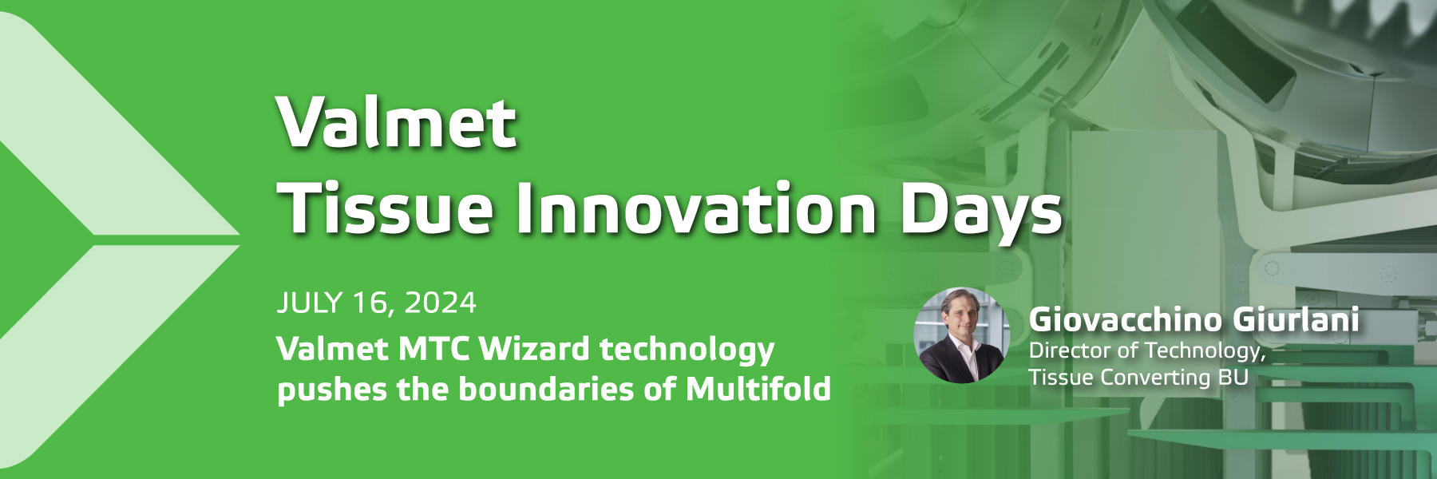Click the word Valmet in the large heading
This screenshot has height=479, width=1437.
point(396,122)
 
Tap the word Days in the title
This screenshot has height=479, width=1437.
point(981,212)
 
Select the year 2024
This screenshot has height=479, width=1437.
point(440,303)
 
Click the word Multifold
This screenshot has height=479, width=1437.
point(758,389)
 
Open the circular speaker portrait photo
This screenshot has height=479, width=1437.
point(961,335)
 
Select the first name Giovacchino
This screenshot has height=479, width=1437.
point(1126,320)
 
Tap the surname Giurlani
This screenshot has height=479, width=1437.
point(1296,320)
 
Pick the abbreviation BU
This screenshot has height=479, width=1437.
point(1233,377)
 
